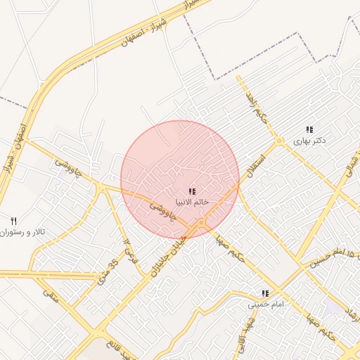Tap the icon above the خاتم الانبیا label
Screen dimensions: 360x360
tap(192, 191)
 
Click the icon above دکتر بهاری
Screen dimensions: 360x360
tap(309, 129)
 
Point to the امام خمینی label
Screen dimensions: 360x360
tap(264, 305)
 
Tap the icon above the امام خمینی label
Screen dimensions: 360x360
tap(265, 294)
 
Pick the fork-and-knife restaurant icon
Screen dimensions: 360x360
tap(13, 221)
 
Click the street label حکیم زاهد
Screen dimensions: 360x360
tap(256, 105)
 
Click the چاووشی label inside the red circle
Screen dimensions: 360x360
tap(162, 210)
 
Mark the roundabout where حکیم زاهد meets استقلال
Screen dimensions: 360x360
tap(279, 141)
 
